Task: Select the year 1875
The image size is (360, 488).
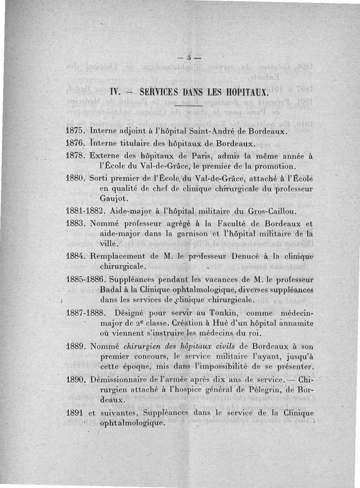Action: pos(76,131)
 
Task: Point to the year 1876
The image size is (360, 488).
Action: pos(76,144)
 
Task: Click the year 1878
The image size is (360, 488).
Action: pos(76,157)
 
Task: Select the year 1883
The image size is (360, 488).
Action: pos(76,224)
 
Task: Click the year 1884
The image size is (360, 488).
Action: pos(76,256)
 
